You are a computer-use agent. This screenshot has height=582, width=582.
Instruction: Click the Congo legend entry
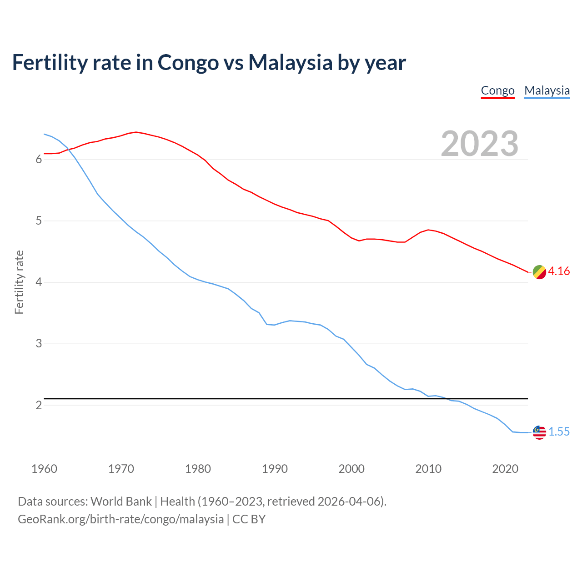point(497,91)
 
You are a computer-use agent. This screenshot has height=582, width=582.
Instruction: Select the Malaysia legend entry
point(547,91)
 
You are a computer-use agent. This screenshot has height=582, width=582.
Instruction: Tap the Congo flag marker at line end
point(539,272)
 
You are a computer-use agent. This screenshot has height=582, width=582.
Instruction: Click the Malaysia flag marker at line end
point(539,432)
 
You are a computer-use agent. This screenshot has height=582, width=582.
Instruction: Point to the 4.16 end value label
point(559,271)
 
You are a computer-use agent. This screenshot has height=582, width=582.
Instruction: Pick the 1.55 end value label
point(559,432)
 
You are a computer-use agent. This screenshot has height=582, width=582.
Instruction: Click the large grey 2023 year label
point(479,144)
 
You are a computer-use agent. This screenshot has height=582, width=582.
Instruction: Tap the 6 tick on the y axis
point(39,160)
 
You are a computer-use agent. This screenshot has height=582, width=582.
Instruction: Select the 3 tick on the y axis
point(39,344)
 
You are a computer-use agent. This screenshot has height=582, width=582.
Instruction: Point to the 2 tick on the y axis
point(39,405)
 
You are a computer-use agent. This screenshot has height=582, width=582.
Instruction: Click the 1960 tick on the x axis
point(44,469)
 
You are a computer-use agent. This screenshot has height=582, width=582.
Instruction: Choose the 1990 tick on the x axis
point(275,469)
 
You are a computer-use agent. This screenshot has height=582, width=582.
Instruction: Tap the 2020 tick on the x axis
point(505,469)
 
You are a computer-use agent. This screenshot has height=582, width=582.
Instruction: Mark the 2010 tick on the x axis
point(428,469)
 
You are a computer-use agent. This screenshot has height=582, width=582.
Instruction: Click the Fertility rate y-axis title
point(19,282)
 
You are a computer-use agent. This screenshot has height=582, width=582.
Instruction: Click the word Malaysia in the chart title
point(290,62)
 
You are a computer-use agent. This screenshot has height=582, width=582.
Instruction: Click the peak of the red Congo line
point(136,132)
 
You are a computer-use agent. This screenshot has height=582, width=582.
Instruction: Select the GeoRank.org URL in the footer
point(120,519)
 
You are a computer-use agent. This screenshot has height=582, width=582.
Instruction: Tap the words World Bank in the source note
point(121,502)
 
